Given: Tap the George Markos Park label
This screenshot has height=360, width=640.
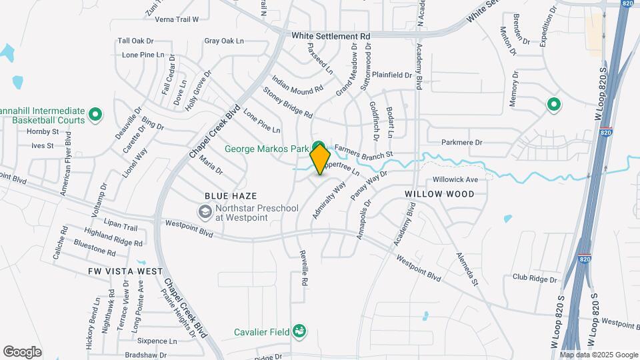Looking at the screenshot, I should click(x=274, y=148).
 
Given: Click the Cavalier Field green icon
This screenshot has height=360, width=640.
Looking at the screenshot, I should click(x=301, y=331).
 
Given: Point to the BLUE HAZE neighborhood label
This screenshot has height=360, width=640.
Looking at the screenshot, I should click(x=230, y=196).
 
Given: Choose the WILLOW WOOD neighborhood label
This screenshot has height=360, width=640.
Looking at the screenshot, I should click(x=439, y=194).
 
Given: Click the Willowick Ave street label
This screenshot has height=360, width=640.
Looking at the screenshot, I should click(x=456, y=180).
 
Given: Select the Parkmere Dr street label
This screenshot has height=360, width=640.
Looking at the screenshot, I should click(x=461, y=142).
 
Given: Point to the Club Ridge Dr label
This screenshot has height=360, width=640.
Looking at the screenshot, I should click(x=534, y=277).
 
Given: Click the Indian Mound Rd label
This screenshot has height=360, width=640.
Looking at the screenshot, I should click(x=297, y=88).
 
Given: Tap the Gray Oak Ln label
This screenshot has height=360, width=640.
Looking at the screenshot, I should click(x=224, y=41).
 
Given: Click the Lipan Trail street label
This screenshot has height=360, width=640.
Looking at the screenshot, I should click(x=120, y=227).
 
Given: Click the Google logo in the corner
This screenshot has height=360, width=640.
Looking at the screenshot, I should click(x=22, y=352).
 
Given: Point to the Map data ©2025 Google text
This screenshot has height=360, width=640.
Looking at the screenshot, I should click(x=599, y=355).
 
